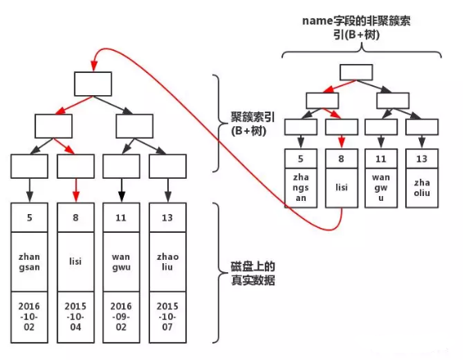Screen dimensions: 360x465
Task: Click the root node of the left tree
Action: click(x=93, y=84)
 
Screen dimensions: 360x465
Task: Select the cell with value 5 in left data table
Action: click(x=29, y=219)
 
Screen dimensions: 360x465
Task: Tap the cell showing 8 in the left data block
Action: click(x=75, y=219)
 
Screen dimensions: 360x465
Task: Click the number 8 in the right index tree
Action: click(x=341, y=159)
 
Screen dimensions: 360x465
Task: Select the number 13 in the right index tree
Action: click(x=420, y=159)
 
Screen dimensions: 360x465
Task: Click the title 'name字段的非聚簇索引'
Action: click(x=358, y=27)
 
